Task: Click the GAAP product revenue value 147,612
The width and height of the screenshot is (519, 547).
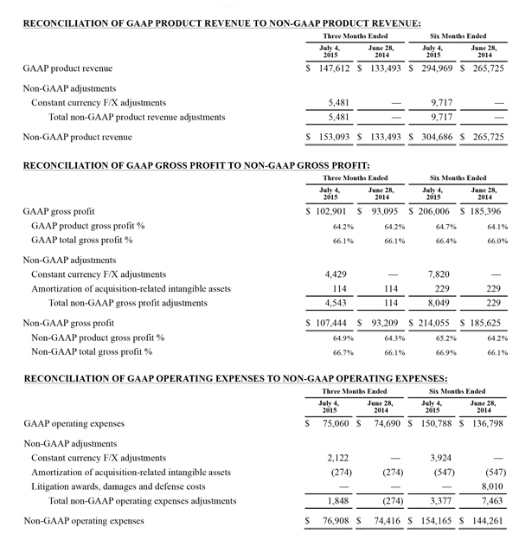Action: [333, 67]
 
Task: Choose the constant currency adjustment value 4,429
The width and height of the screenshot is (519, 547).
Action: [334, 274]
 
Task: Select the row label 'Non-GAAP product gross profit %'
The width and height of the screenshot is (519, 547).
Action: [99, 338]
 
